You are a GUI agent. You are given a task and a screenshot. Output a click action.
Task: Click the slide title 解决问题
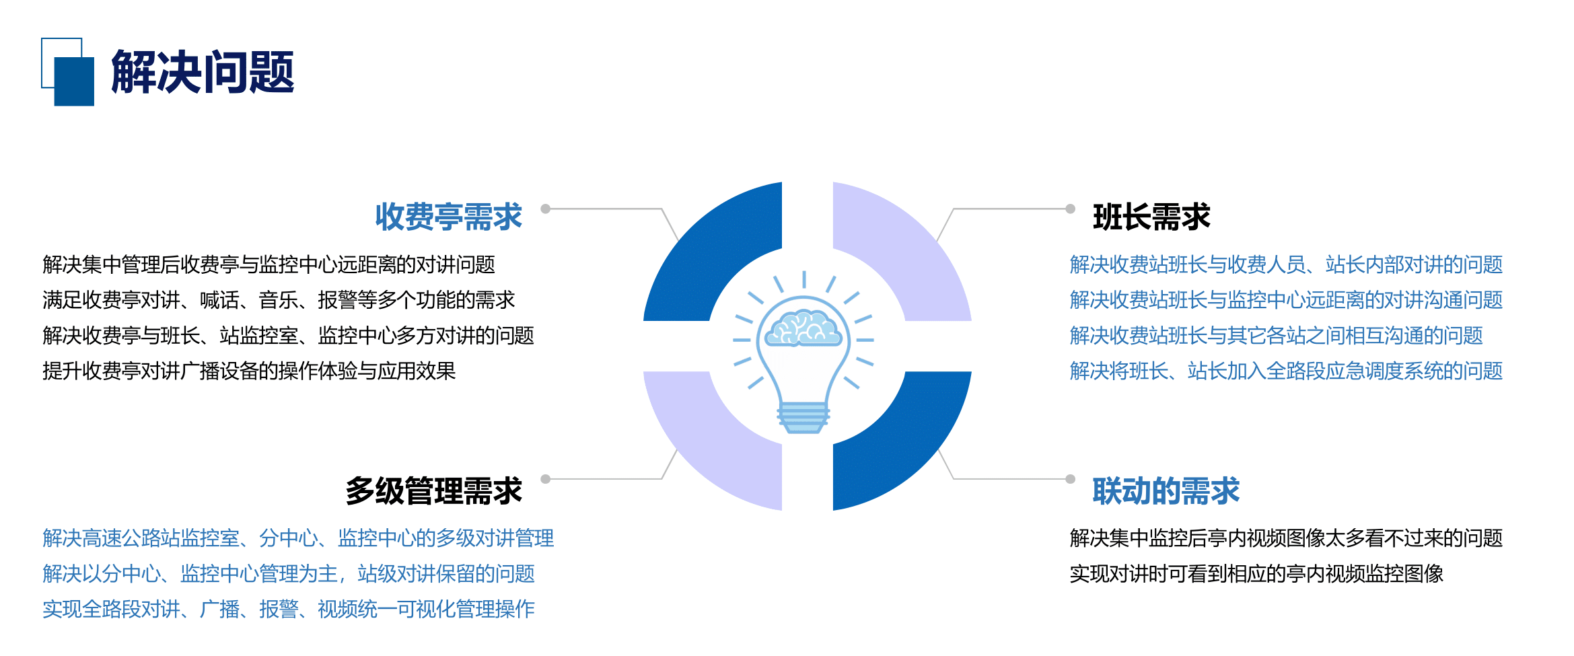(203, 71)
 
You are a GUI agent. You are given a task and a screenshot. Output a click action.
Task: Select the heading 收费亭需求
(448, 217)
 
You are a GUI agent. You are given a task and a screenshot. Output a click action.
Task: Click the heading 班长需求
(1151, 217)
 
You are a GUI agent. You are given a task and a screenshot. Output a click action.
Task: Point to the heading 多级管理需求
(433, 490)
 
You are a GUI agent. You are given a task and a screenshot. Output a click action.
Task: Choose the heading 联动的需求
(1166, 490)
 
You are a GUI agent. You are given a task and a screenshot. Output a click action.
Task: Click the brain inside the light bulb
(803, 328)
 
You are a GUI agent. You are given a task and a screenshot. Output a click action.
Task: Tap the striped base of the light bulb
(803, 418)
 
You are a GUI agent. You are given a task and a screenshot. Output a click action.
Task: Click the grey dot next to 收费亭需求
(546, 209)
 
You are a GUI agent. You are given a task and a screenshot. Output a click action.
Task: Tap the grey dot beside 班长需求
(1070, 209)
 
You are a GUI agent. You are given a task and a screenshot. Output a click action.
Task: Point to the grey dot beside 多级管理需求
(546, 479)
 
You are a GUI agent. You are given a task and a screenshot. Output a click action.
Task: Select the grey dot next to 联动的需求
(1070, 479)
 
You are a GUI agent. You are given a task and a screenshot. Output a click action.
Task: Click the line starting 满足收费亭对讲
(279, 300)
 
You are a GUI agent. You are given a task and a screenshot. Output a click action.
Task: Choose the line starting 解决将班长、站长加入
(1286, 371)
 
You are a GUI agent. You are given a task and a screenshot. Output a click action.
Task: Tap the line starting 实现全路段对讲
(289, 609)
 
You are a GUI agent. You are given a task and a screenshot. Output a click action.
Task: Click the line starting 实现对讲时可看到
(1256, 573)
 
